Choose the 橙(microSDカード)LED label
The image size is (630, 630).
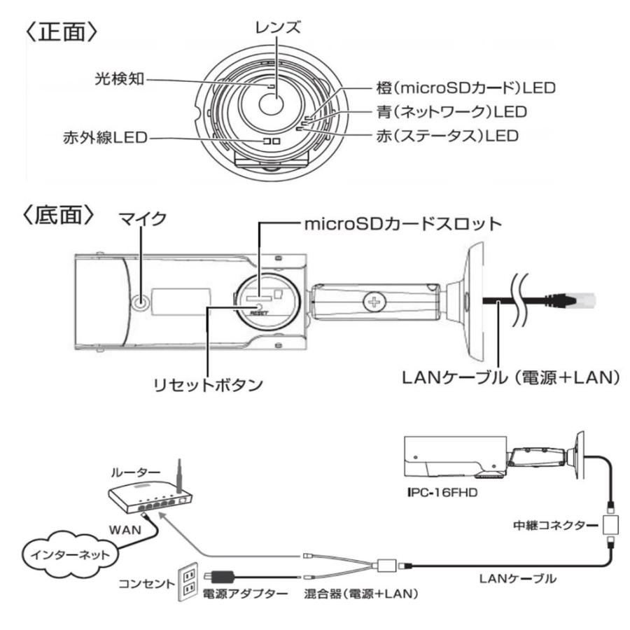tap(461, 91)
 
